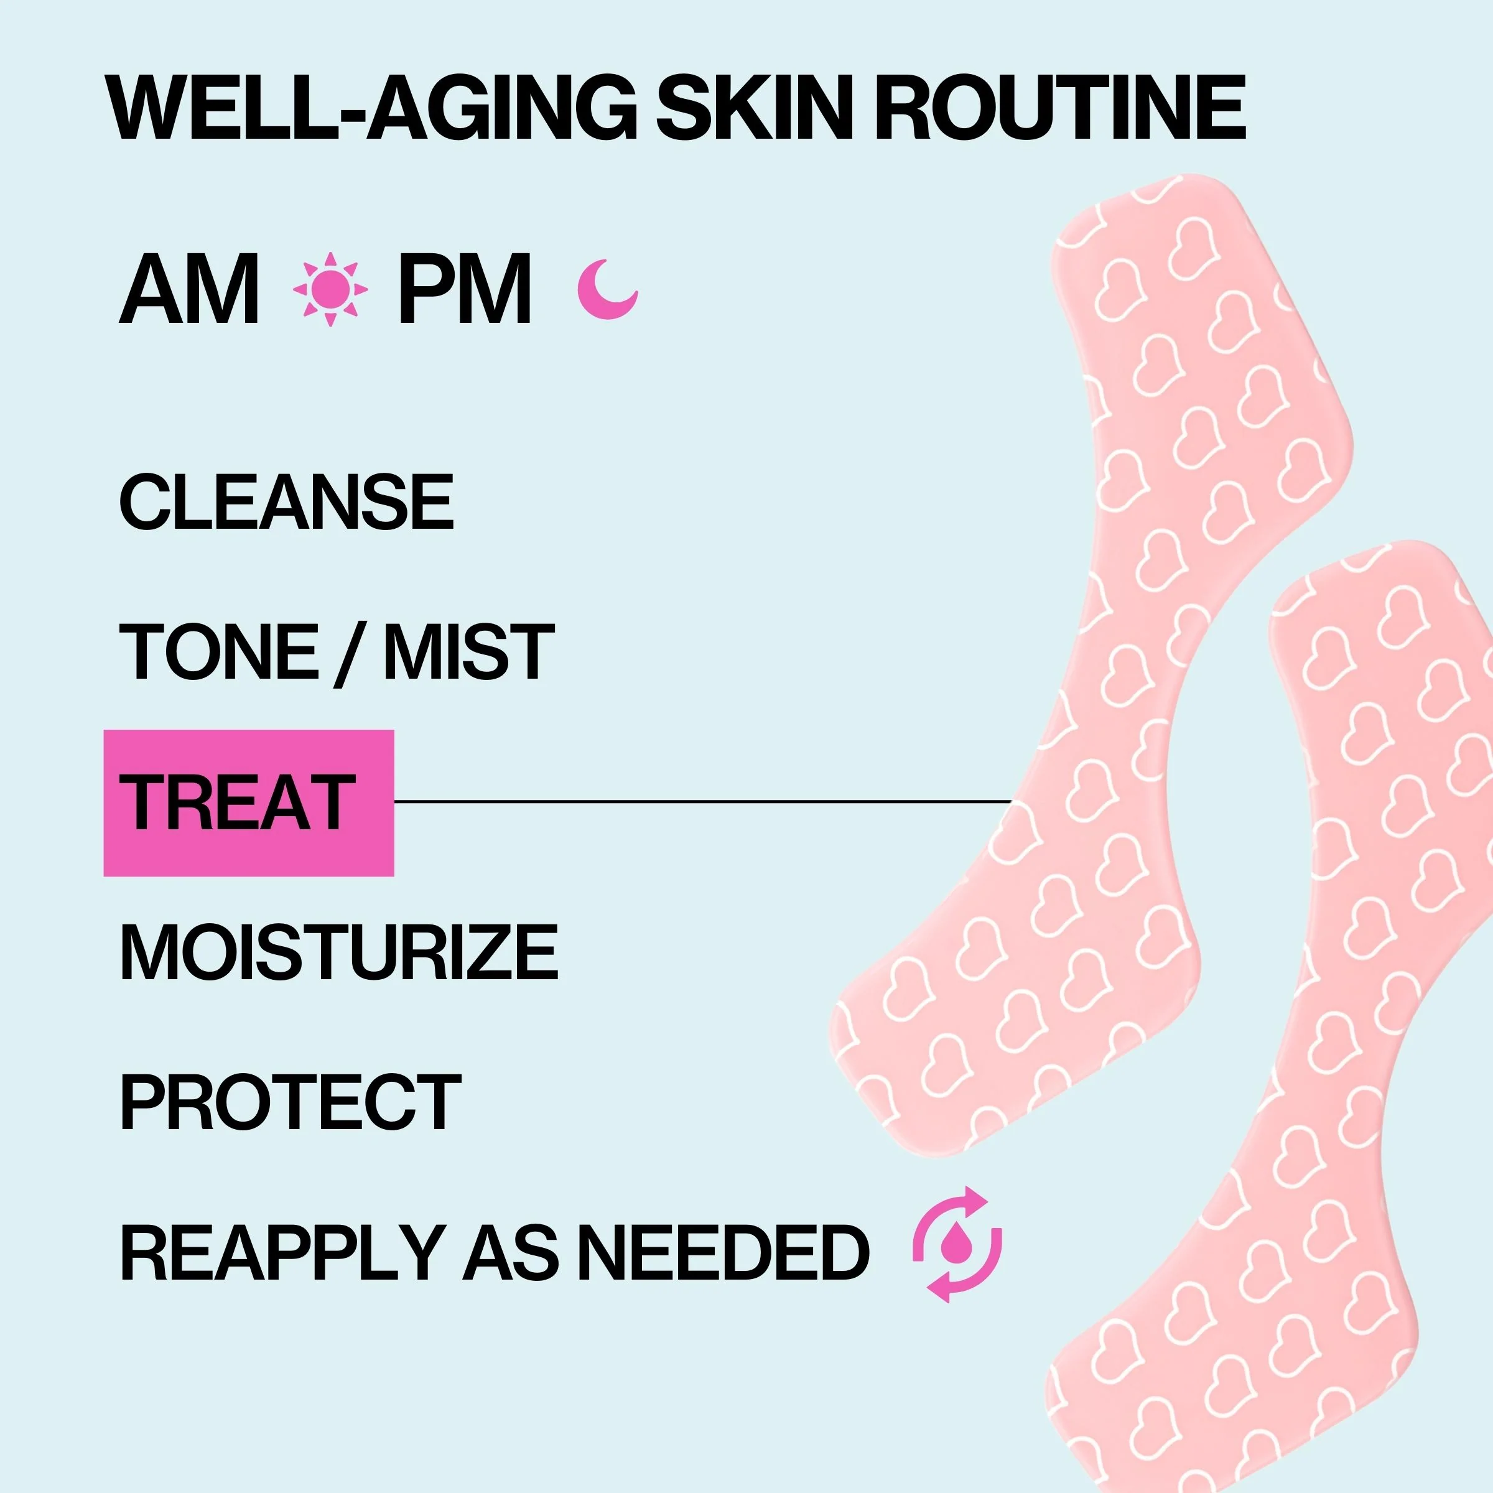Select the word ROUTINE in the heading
tap(1059, 108)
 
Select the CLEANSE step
tap(287, 501)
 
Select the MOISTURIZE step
tap(338, 952)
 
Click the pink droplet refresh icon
tap(957, 1245)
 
